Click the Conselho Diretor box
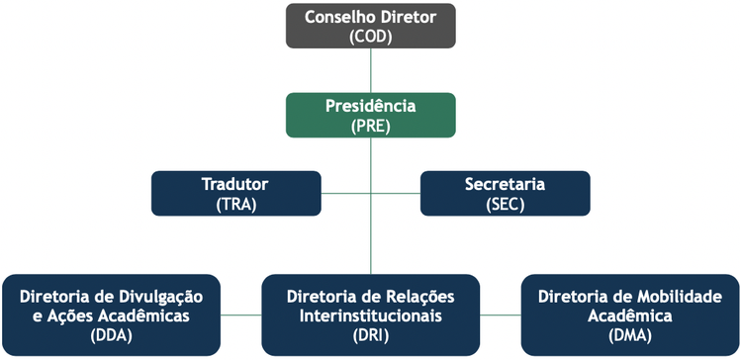[x=371, y=26]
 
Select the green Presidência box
[x=371, y=115]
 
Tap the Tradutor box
[x=235, y=194]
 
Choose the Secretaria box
[x=505, y=194]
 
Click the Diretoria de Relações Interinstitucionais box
[x=371, y=315]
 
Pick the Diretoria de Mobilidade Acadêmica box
[x=630, y=315]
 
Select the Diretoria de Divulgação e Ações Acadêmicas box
[x=110, y=315]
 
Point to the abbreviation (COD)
[x=371, y=37]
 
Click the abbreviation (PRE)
[x=371, y=126]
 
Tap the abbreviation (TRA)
[x=235, y=205]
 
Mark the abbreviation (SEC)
[x=505, y=205]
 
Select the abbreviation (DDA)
[x=110, y=335]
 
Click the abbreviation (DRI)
[x=371, y=335]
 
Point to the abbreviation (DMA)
[x=630, y=335]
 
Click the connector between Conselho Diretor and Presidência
[x=371, y=70]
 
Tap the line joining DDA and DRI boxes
[x=240, y=315]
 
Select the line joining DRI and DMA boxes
[x=501, y=315]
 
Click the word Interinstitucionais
[x=371, y=315]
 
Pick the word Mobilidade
[x=675, y=296]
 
